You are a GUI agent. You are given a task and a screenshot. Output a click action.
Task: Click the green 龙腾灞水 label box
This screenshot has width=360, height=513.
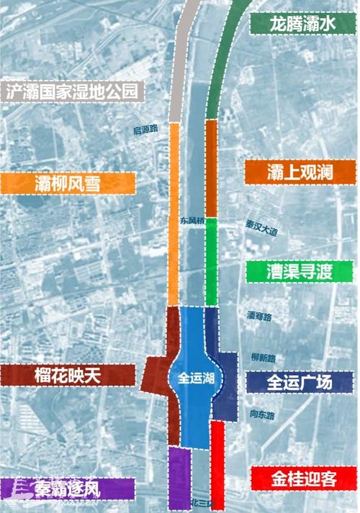tap(302, 24)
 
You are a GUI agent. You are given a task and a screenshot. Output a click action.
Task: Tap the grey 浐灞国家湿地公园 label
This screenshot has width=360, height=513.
tap(72, 91)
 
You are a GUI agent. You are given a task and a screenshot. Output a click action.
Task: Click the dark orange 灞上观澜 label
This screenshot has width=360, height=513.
tap(300, 172)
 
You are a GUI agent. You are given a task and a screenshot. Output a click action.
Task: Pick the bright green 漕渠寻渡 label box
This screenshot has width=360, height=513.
tap(300, 272)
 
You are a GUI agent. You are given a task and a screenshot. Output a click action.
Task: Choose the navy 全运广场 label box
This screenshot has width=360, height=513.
tap(300, 382)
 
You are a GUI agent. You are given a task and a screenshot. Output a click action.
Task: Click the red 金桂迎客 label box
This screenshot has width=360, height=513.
tap(303, 478)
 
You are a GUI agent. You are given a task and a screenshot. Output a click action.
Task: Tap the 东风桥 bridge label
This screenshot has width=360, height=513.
tap(193, 222)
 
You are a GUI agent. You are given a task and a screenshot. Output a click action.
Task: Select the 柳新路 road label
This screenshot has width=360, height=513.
tap(261, 358)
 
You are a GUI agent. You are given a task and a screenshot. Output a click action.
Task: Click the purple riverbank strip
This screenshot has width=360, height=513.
tap(179, 478)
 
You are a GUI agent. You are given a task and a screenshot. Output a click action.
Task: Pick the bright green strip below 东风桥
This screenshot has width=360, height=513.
tap(212, 270)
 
